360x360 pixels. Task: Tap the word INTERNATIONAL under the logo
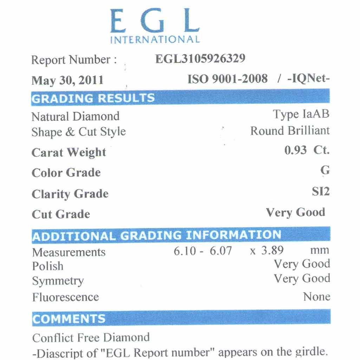155,39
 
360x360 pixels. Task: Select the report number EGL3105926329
200,59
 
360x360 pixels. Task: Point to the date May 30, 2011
67,80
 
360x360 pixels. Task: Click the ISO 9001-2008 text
228,79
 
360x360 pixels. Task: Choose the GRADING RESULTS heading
93,98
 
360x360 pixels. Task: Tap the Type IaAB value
301,114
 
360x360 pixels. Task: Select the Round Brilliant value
290,131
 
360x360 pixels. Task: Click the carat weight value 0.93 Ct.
307,151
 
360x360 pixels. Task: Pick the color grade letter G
325,170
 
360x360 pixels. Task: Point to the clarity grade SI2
321,192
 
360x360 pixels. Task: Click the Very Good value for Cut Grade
295,212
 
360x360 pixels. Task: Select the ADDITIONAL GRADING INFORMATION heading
157,235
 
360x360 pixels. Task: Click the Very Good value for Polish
302,264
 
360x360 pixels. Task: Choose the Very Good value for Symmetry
302,279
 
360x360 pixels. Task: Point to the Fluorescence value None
316,297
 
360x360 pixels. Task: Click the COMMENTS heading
69,319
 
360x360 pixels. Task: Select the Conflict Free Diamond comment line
91,338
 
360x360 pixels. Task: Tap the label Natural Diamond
76,116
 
